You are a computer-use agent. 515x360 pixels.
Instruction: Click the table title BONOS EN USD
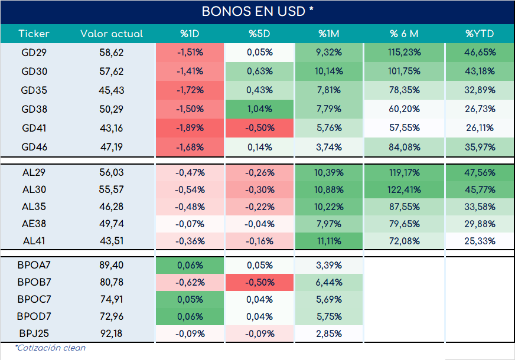(257, 11)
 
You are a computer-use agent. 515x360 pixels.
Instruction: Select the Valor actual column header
(112, 34)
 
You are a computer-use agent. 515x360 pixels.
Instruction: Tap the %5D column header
(259, 34)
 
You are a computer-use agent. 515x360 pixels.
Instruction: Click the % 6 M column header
(404, 34)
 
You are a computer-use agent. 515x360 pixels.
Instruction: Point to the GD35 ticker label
(34, 90)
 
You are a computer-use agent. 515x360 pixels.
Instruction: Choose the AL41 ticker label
(34, 241)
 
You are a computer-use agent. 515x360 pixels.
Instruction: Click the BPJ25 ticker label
(34, 333)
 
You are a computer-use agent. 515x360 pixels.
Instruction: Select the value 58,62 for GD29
(112, 53)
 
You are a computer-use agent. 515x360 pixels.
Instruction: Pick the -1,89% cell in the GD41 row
(190, 127)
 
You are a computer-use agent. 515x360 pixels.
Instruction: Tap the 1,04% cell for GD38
(259, 109)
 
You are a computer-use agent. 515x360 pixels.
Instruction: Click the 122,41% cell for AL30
(405, 189)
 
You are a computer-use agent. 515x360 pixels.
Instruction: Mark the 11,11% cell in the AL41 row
(329, 241)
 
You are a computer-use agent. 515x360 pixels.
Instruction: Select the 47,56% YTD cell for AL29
(480, 172)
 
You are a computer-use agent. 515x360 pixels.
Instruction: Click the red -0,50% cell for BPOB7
(259, 282)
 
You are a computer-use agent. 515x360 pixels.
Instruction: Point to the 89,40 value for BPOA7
(112, 265)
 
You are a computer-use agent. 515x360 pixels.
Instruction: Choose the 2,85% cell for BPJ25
(329, 334)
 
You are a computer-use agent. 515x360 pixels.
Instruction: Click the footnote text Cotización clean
(50, 348)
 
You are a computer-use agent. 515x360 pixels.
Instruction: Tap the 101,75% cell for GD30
(405, 71)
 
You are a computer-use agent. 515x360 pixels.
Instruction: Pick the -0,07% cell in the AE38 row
(190, 224)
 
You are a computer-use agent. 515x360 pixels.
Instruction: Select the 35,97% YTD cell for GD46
(480, 147)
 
